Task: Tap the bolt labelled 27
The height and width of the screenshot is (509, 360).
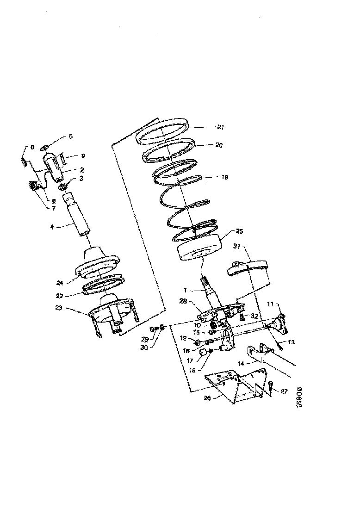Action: [272, 385]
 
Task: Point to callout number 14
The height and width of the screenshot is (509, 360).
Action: [242, 364]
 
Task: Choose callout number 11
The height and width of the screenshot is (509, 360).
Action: [272, 304]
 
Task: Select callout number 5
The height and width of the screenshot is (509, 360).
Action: [71, 137]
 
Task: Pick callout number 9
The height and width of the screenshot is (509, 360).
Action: [83, 156]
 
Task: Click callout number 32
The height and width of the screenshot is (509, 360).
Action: [255, 316]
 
